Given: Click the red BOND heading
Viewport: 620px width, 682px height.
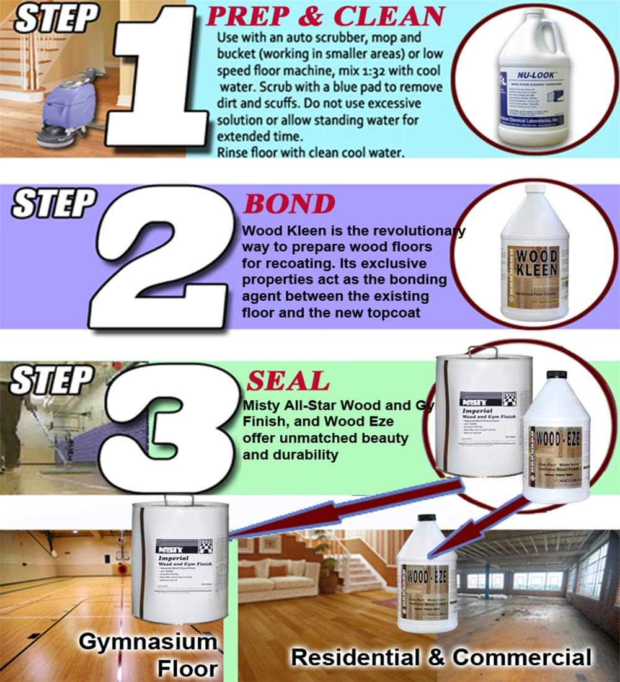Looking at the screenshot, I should point(289,204).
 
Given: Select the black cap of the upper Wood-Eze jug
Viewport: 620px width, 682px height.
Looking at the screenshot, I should point(556,374).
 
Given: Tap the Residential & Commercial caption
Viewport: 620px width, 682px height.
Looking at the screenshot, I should point(441,656).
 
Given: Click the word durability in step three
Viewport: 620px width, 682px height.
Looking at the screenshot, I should point(299,454).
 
